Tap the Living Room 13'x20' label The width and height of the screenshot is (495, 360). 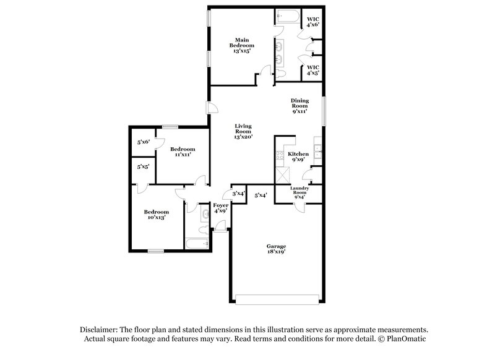point(243,132)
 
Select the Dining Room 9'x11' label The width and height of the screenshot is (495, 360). point(300,106)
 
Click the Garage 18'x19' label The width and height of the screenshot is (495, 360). point(276,249)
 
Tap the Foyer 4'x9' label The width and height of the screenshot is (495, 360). point(221,207)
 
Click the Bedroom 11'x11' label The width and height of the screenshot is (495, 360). point(183,152)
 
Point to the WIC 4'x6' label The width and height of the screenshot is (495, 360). point(313,21)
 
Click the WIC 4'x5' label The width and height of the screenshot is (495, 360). point(313,70)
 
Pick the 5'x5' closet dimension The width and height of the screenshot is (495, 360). point(144,166)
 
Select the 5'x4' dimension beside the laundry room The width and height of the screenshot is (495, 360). point(261,195)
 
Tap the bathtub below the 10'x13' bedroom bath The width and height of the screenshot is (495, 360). point(198,244)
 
